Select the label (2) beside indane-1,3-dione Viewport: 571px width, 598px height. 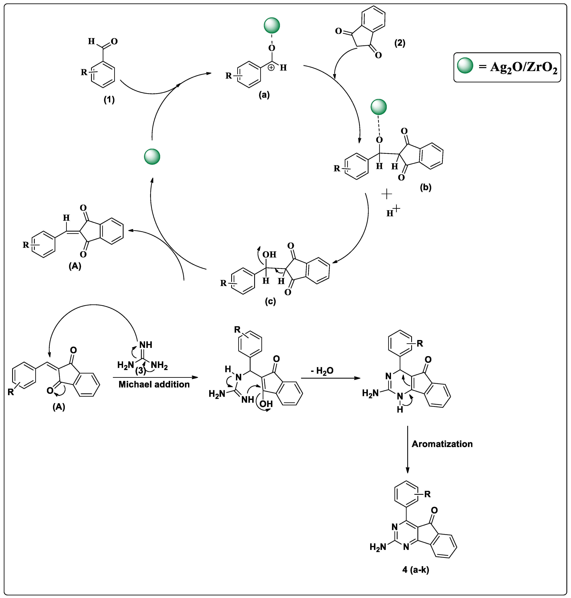pyautogui.click(x=400, y=43)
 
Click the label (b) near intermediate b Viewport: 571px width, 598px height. pyautogui.click(x=425, y=187)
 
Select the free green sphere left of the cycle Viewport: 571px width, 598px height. pyautogui.click(x=152, y=157)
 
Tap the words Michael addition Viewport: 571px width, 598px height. pyautogui.click(x=154, y=384)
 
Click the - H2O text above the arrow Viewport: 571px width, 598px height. pyautogui.click(x=322, y=371)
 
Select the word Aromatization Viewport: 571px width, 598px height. pyautogui.click(x=442, y=444)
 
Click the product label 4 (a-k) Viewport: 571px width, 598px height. pyautogui.click(x=415, y=569)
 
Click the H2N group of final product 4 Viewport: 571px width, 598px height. pyautogui.click(x=377, y=547)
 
